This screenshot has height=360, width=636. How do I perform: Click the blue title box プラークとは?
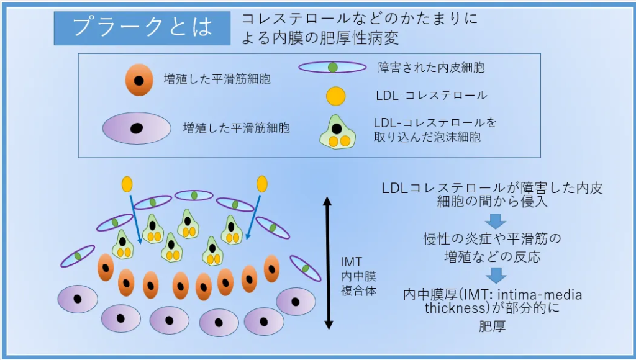(142, 28)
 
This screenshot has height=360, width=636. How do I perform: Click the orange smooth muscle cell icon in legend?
(139, 81)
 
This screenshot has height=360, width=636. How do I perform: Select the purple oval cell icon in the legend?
(137, 128)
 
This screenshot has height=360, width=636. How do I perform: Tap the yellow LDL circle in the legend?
(335, 96)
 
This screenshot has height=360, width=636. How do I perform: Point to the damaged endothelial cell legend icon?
(332, 67)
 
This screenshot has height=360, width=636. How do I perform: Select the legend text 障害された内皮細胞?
(431, 67)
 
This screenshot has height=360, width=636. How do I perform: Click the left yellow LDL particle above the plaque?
(127, 184)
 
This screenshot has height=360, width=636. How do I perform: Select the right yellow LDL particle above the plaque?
(262, 184)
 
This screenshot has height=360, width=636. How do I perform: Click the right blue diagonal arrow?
(253, 216)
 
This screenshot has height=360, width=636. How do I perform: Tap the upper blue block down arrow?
(496, 220)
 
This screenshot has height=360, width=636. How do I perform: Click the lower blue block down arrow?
(496, 274)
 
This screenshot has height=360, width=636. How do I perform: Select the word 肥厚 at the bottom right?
(493, 325)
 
